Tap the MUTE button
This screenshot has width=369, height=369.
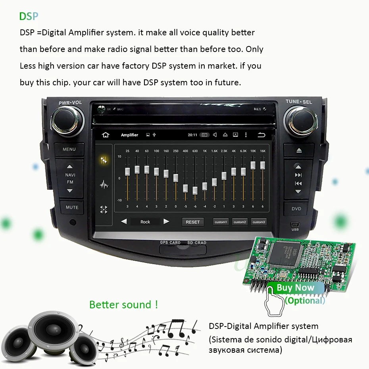click(x=72, y=207)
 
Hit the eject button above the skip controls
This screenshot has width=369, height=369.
click(x=299, y=150)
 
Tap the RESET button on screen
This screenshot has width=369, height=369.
click(x=193, y=222)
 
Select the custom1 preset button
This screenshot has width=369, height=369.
click(x=221, y=222)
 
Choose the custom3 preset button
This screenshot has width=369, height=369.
click(x=259, y=222)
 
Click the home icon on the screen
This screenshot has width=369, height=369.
click(x=106, y=135)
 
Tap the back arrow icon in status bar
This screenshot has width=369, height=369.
click(x=261, y=135)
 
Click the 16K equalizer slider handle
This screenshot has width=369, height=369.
click(x=262, y=164)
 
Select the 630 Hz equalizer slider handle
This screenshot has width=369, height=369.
click(x=195, y=190)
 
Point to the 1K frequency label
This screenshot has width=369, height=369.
click(x=205, y=151)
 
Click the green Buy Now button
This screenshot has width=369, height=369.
click(x=295, y=288)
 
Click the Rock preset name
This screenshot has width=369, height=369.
click(x=145, y=222)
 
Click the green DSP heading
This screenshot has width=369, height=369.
click(x=29, y=16)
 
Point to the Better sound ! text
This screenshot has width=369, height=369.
click(x=123, y=305)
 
